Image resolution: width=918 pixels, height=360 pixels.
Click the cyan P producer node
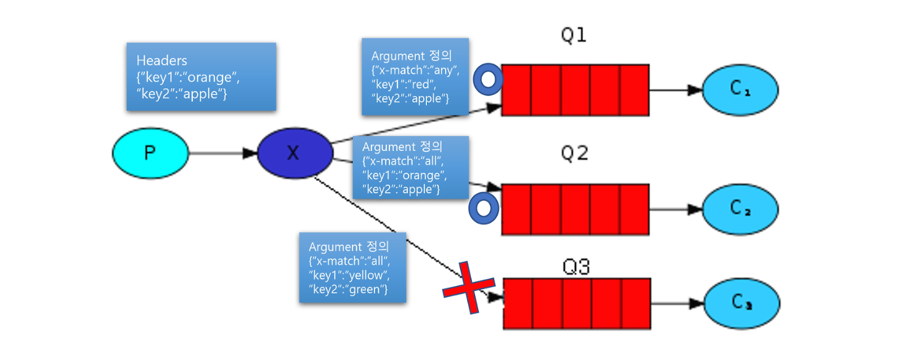[150, 153]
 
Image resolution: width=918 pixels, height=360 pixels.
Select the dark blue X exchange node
[293, 153]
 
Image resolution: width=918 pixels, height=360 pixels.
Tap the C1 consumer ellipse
[740, 89]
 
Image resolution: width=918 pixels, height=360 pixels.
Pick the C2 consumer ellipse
[740, 208]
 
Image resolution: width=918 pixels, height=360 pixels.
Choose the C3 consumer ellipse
[741, 303]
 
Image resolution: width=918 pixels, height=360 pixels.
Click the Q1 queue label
[573, 36]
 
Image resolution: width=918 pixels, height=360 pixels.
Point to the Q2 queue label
[574, 153]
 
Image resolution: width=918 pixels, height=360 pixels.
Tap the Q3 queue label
[576, 267]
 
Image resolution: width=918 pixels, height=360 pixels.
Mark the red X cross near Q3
[469, 287]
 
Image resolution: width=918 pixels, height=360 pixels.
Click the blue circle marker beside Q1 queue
[488, 79]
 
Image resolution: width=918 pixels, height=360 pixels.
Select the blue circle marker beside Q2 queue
[484, 208]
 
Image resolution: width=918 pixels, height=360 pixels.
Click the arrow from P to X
[222, 153]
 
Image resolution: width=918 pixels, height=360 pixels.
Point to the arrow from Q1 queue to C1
[675, 89]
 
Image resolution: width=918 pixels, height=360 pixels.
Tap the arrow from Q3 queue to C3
[677, 303]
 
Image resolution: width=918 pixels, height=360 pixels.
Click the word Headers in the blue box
[162, 61]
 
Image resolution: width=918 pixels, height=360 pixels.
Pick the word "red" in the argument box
[424, 84]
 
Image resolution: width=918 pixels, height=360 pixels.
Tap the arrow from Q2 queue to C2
[675, 209]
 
